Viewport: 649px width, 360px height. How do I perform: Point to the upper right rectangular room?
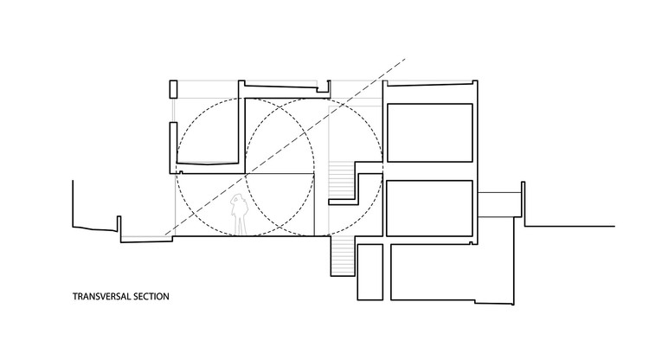click(x=429, y=135)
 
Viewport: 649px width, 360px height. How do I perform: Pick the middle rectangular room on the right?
click(x=429, y=208)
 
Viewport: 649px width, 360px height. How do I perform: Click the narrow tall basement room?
click(x=369, y=272)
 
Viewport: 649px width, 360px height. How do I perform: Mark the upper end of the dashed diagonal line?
click(x=402, y=58)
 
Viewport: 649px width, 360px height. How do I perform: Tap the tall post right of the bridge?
click(x=522, y=200)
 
